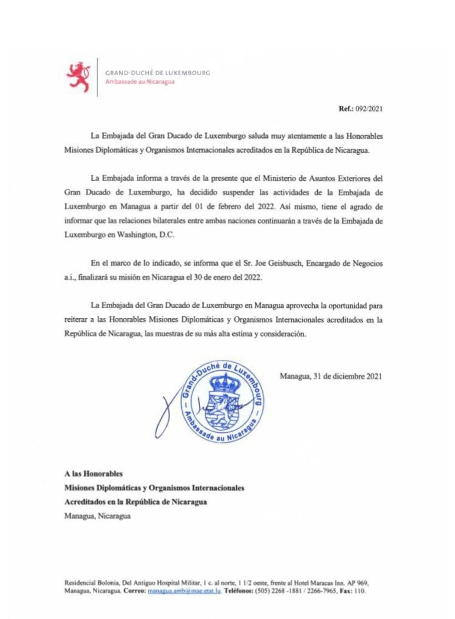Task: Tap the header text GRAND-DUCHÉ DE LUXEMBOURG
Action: (x=158, y=73)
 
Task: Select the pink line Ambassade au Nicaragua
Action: (x=140, y=82)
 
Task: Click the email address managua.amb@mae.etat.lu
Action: (x=176, y=591)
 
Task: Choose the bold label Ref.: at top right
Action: (x=346, y=108)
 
